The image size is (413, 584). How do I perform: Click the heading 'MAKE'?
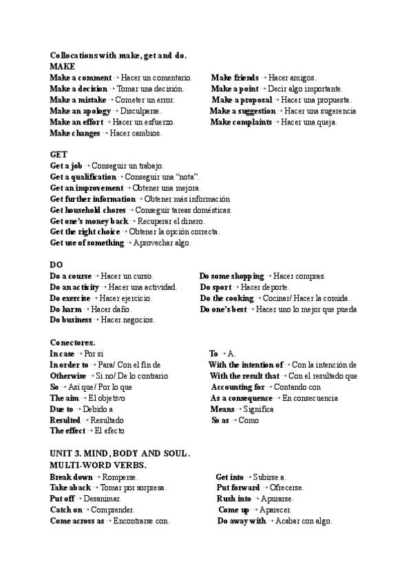point(63,67)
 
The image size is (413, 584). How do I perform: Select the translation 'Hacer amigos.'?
point(293,78)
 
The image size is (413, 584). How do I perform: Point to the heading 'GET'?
point(59,155)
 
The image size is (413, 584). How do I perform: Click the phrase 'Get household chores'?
point(88,210)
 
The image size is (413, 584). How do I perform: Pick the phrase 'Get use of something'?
point(87,243)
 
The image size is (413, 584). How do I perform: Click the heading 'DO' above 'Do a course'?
point(56,265)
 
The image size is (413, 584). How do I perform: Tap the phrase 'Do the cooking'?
point(227,298)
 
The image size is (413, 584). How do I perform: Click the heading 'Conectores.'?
point(72,342)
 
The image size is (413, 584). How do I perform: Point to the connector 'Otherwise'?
point(68,376)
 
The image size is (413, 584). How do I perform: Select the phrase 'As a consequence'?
point(241,398)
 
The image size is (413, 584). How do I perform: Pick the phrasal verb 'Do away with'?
point(242,521)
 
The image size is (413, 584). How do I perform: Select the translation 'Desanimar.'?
point(102,499)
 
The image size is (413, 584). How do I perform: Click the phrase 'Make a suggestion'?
point(242,111)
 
